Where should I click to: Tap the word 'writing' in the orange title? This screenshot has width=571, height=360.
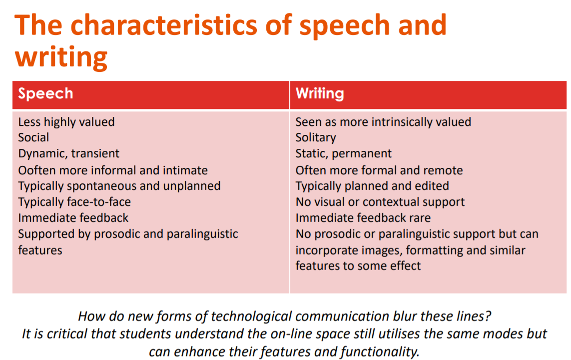(61, 56)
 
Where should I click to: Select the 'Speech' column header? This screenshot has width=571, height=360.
(45, 93)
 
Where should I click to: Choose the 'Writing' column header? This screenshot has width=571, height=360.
(320, 93)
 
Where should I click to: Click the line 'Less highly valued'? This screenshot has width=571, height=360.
(66, 122)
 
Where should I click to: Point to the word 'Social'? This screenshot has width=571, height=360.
(33, 137)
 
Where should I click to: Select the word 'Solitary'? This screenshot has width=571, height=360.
(316, 137)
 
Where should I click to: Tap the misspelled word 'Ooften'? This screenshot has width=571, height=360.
(35, 170)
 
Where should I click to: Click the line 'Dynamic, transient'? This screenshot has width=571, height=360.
(68, 153)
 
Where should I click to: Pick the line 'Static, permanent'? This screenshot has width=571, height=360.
(343, 153)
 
